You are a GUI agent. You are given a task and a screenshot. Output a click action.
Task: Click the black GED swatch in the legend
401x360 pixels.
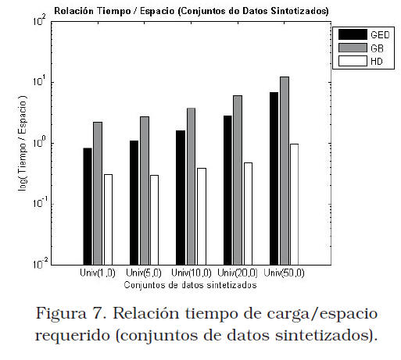[353, 34]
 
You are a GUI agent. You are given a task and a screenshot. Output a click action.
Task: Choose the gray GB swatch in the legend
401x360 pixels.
[353, 48]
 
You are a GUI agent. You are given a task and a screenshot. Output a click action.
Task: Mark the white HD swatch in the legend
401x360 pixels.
[353, 61]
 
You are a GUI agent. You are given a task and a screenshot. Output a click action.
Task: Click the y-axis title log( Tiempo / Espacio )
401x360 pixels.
[23, 144]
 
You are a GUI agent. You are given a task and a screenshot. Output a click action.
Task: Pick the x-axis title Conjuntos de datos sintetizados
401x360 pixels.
[190, 285]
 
